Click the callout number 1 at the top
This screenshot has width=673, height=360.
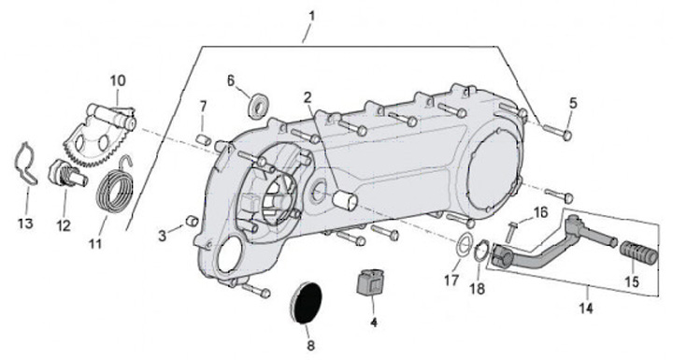tap(312, 17)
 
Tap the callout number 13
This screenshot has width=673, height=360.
tap(25, 223)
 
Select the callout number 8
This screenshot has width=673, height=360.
tap(310, 345)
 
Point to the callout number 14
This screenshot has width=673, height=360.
tap(586, 308)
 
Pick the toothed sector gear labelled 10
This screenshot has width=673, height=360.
tap(100, 134)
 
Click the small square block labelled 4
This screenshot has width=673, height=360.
tap(370, 281)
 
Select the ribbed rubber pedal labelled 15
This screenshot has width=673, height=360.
tap(638, 253)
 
